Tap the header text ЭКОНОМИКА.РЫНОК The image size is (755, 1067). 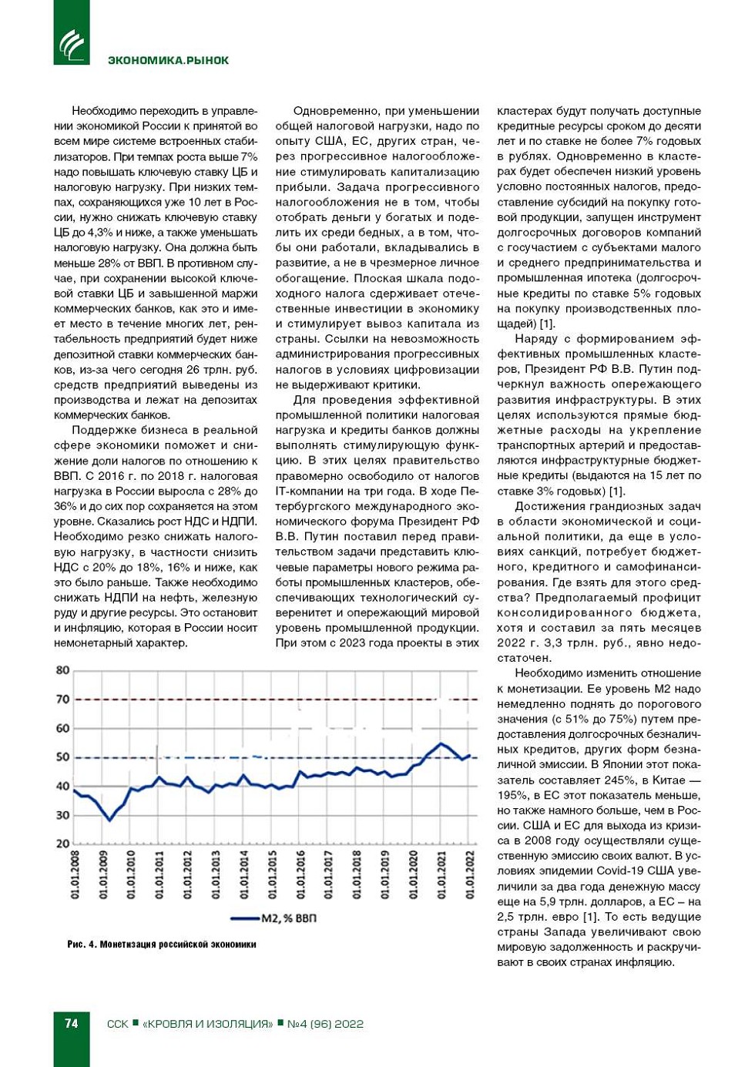(x=168, y=60)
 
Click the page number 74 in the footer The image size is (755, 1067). (x=72, y=1023)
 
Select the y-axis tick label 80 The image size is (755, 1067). (x=62, y=670)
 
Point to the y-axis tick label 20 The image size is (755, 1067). (x=62, y=844)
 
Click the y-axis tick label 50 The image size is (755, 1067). (x=62, y=757)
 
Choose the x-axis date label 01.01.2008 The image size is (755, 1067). (x=75, y=874)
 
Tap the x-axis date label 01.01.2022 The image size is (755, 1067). (x=470, y=874)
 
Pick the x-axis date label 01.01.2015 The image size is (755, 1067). (x=273, y=874)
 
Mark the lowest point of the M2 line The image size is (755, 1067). (x=109, y=820)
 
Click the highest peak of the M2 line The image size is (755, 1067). (x=441, y=743)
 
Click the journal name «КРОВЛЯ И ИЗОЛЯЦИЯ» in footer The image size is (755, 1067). (x=208, y=1024)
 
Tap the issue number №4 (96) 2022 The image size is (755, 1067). (x=325, y=1024)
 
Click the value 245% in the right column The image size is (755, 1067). (x=608, y=780)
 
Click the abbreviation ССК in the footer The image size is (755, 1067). (x=118, y=1024)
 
